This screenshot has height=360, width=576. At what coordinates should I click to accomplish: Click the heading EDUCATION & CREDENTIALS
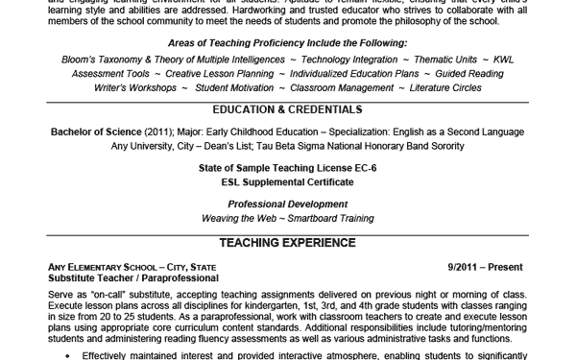(287, 109)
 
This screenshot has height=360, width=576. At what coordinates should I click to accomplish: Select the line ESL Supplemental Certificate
(287, 181)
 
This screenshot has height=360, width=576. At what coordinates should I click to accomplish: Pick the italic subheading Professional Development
(287, 204)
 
